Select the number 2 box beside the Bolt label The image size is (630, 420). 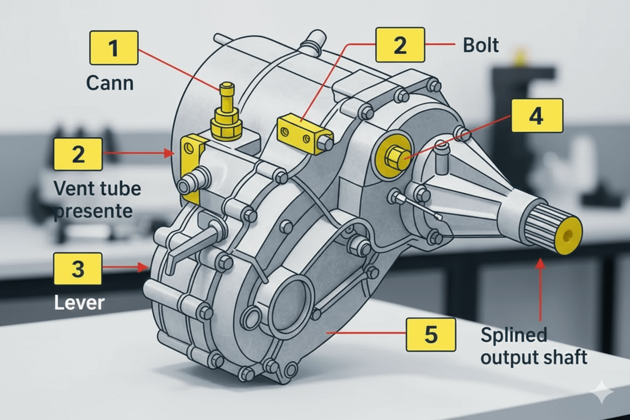(399, 45)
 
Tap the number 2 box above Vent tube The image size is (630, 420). (78, 154)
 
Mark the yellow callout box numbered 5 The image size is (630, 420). (430, 334)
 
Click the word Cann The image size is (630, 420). (110, 82)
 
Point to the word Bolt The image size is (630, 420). (481, 45)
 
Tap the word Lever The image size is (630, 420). (79, 302)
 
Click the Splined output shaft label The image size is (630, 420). (534, 346)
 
